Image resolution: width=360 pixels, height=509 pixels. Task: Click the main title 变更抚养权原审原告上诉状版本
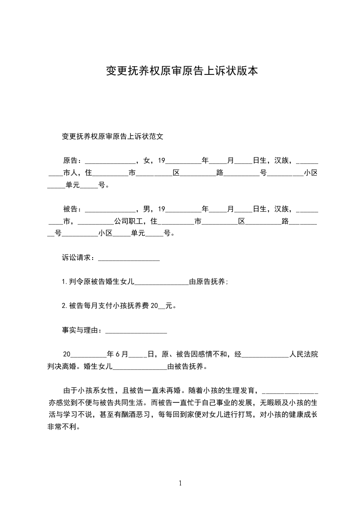click(x=182, y=71)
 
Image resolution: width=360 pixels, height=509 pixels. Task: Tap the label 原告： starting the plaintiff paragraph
click(x=73, y=161)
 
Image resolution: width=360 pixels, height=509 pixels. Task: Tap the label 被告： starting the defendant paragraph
click(x=73, y=209)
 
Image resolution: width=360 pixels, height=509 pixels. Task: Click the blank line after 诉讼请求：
click(x=129, y=259)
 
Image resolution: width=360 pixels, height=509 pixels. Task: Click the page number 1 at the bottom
click(x=180, y=483)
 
